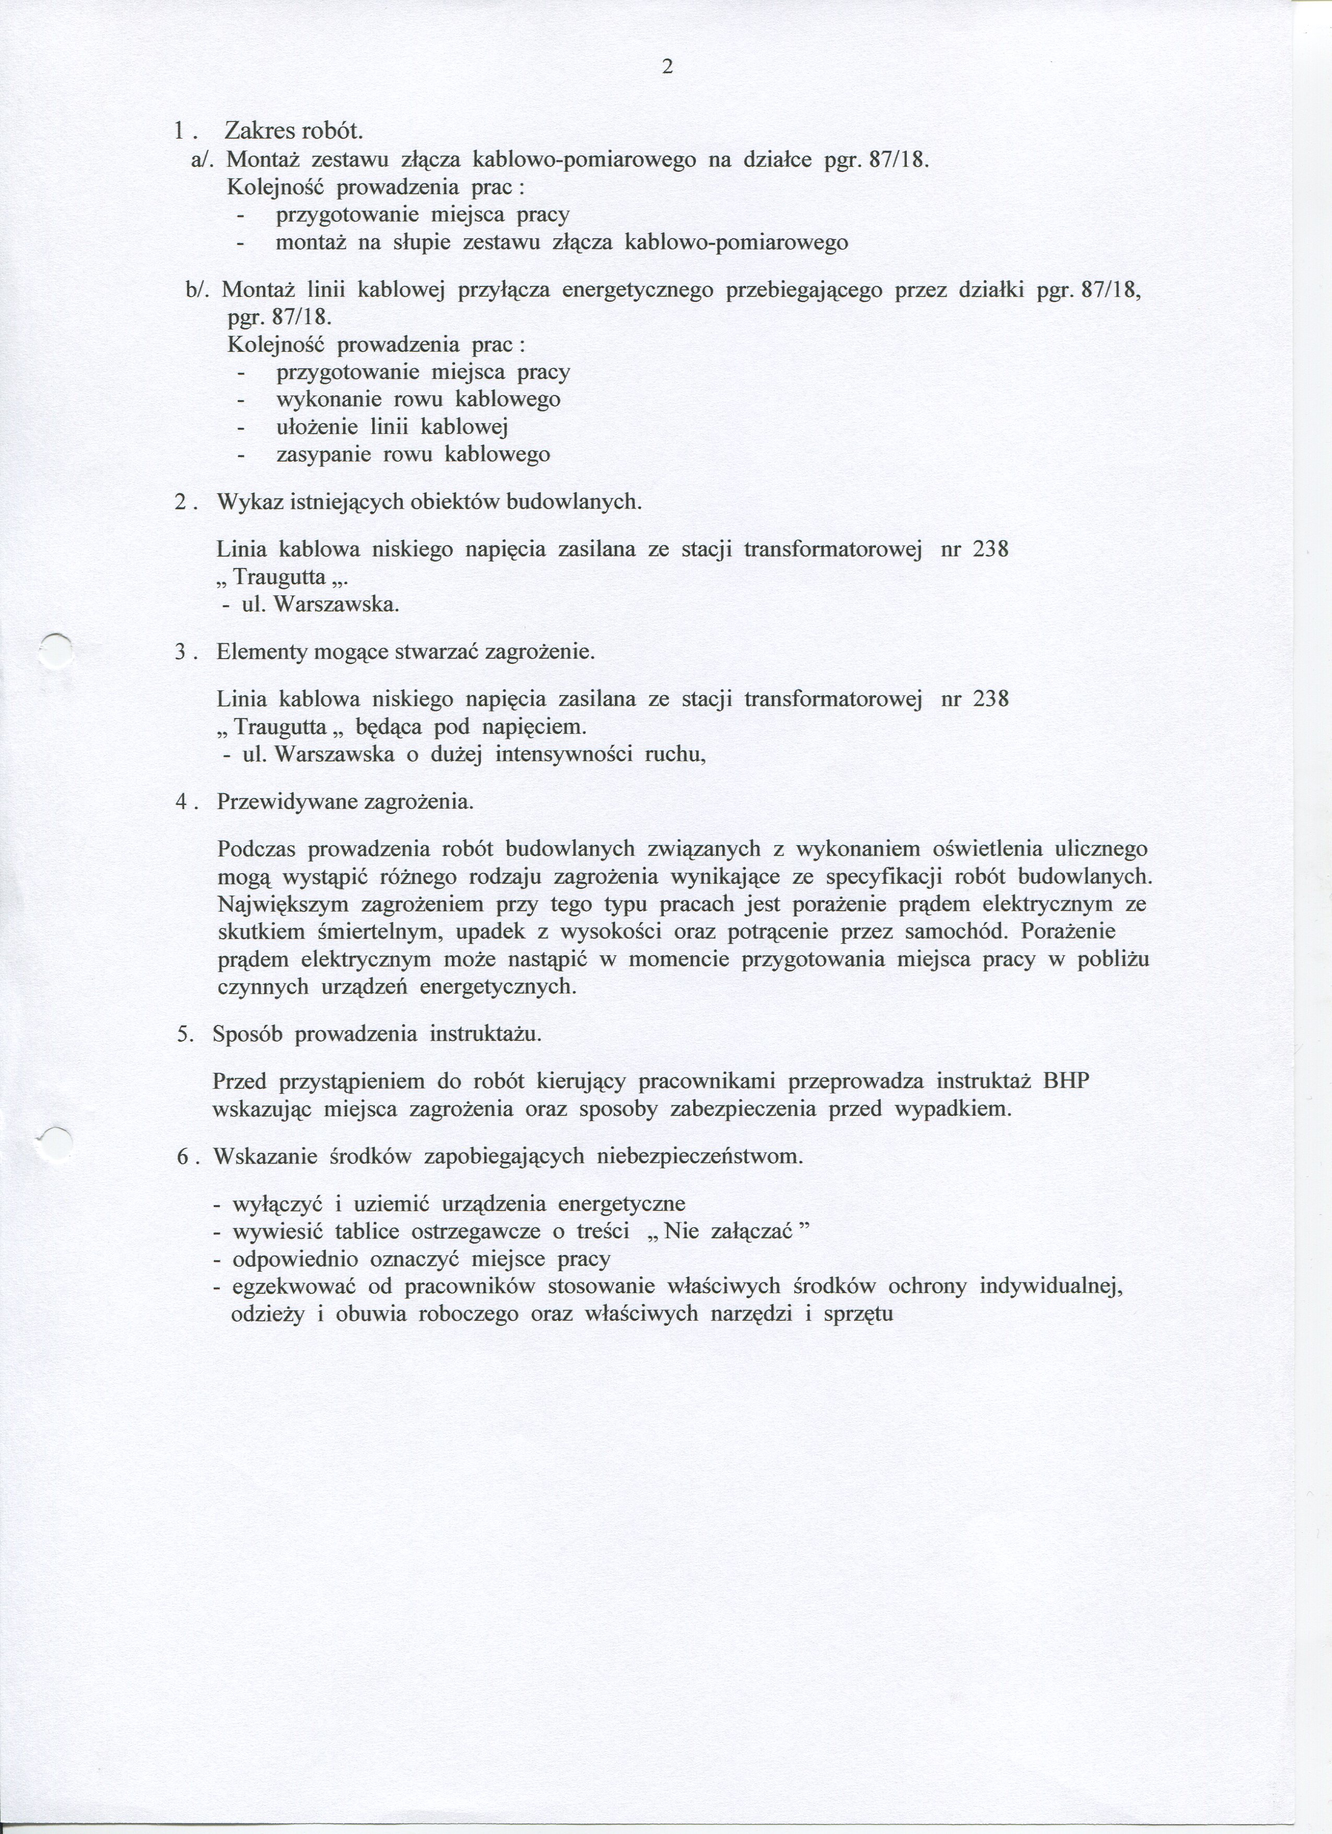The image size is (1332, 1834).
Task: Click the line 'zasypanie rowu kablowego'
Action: coord(413,455)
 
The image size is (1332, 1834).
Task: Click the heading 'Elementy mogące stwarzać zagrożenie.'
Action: coord(405,652)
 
